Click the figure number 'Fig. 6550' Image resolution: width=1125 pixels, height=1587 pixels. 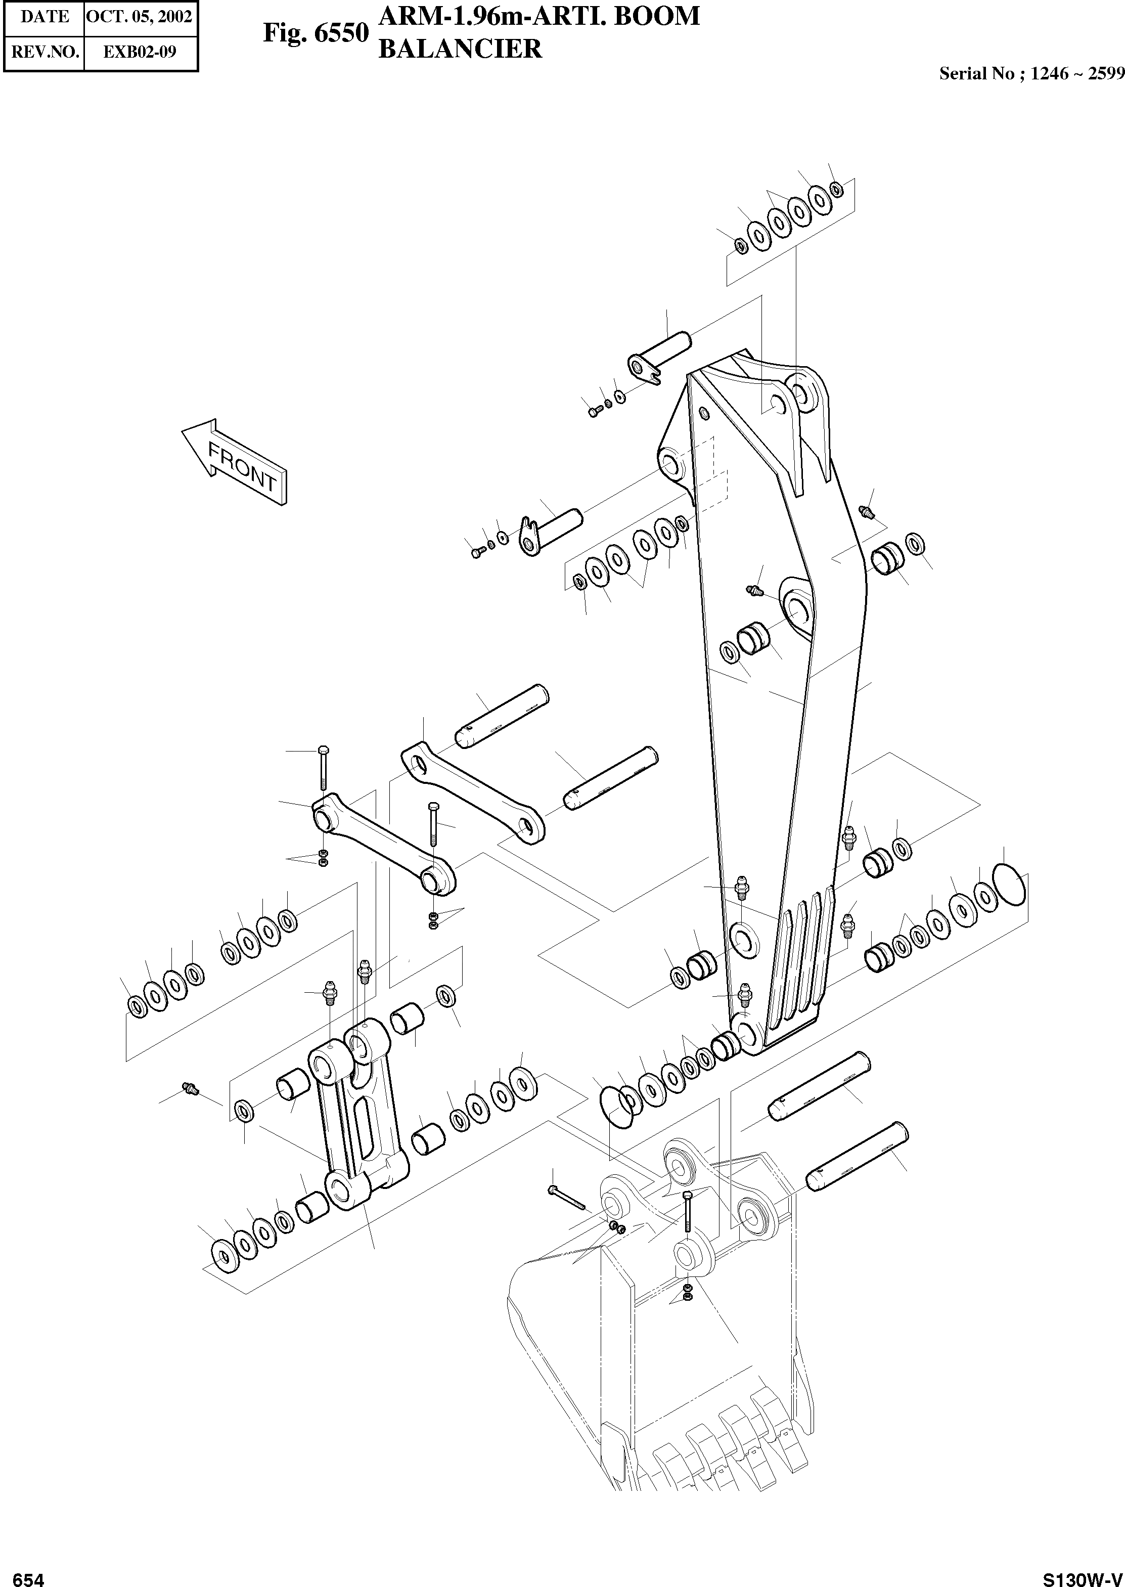(x=315, y=32)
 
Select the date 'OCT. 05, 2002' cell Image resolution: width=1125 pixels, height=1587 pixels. (x=139, y=16)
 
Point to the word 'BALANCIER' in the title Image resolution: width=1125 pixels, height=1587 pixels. (x=459, y=49)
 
